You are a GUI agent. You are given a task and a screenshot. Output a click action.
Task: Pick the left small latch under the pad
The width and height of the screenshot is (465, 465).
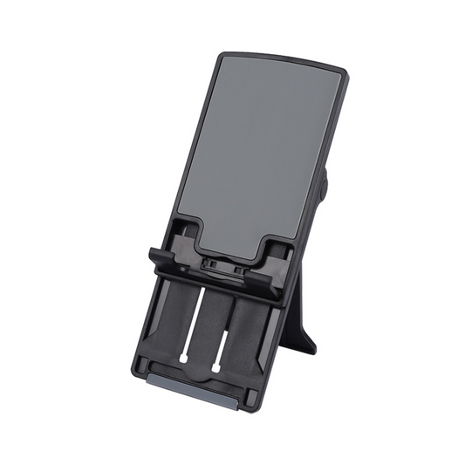point(209,262)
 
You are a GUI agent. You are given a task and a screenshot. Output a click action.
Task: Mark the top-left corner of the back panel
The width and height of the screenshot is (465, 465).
point(218,55)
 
